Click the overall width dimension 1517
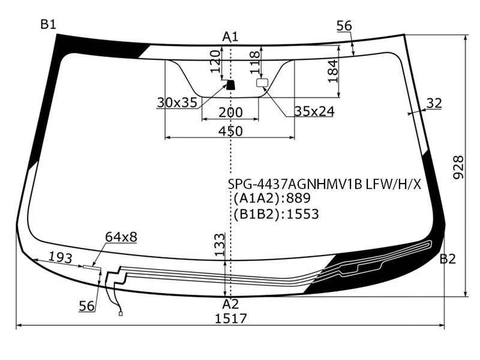(230, 318)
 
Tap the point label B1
(48, 25)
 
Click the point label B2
(448, 259)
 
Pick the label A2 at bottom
(230, 304)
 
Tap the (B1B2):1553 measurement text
(275, 214)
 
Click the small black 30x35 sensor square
(229, 85)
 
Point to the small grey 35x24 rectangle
(262, 83)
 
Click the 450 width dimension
(230, 131)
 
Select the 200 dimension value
(230, 112)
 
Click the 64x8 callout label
(121, 237)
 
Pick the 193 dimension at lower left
(60, 258)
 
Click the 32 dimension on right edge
(434, 103)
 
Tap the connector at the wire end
(121, 313)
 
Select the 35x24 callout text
(314, 111)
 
